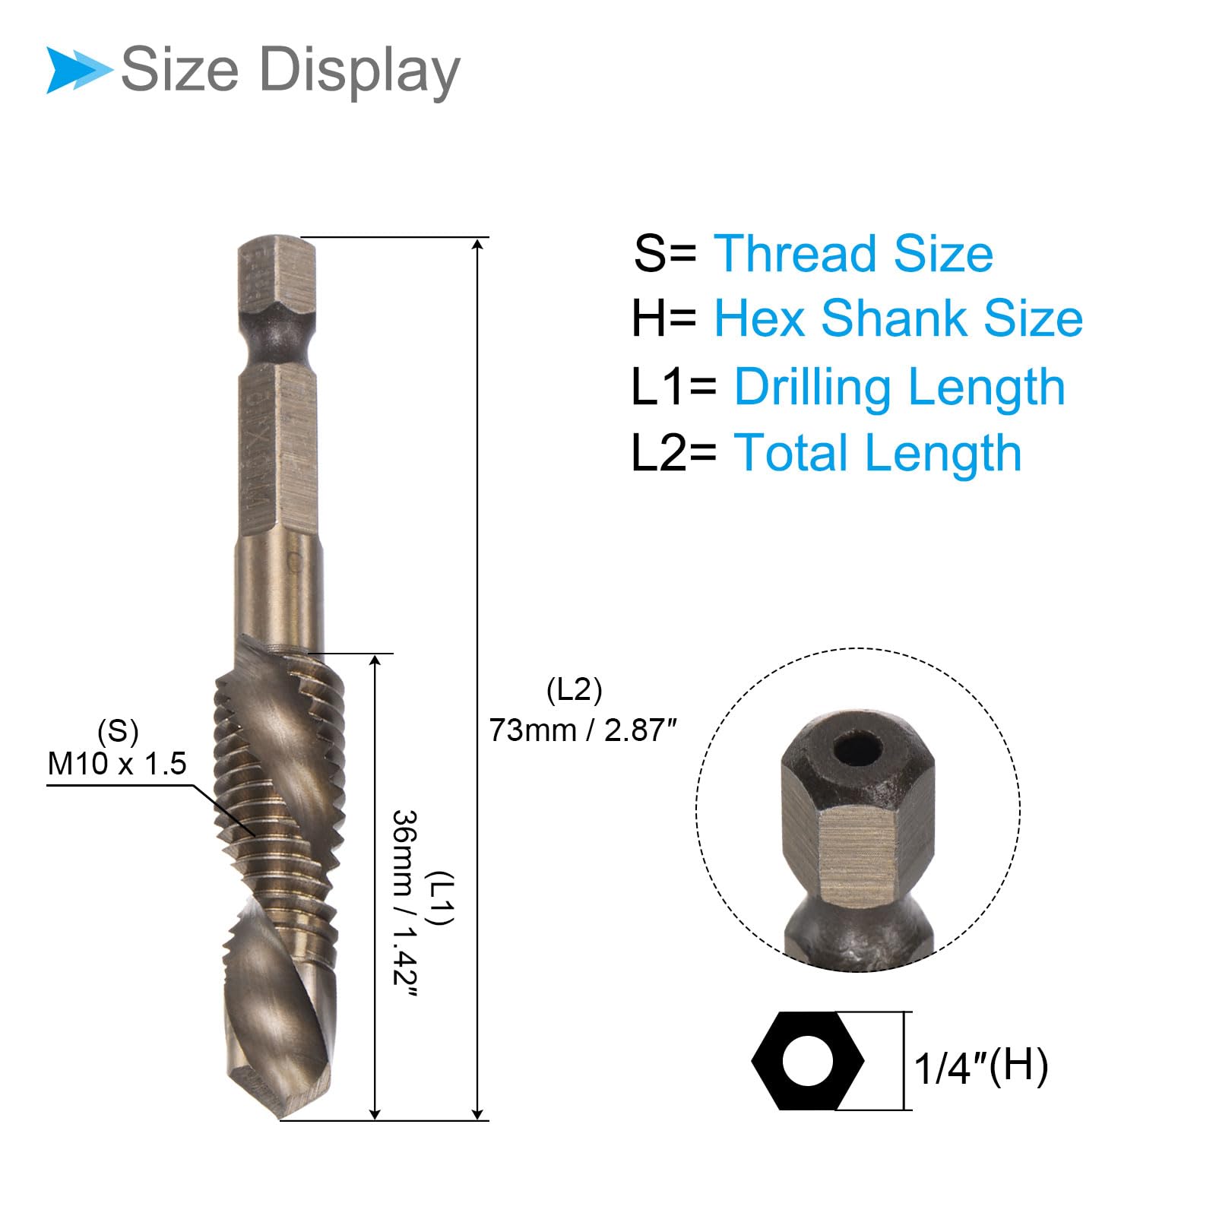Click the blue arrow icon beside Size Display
pyautogui.click(x=79, y=71)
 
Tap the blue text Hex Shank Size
pyautogui.click(x=898, y=318)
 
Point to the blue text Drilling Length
pyautogui.click(x=900, y=388)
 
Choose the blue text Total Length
pyautogui.click(x=878, y=454)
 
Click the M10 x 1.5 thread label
pyautogui.click(x=117, y=764)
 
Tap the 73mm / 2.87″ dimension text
pyautogui.click(x=583, y=730)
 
